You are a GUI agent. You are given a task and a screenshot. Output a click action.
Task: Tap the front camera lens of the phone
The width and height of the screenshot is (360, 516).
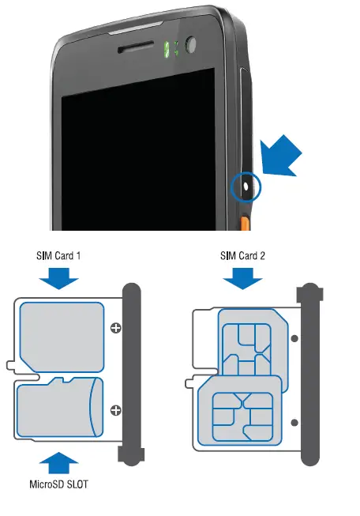pyautogui.click(x=193, y=47)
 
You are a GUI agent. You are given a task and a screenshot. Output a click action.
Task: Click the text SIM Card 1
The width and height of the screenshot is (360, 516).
pyautogui.click(x=58, y=256)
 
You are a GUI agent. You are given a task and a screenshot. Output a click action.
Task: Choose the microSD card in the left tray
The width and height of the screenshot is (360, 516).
pyautogui.click(x=58, y=408)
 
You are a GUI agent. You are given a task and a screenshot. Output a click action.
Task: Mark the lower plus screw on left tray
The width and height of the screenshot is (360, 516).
pyautogui.click(x=116, y=409)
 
